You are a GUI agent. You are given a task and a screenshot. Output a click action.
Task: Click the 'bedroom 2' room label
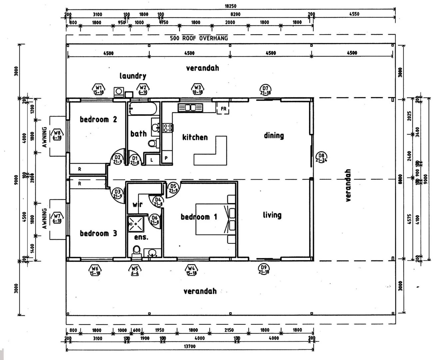pyautogui.click(x=98, y=119)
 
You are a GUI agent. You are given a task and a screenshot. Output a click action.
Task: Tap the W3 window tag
pyautogui.click(x=198, y=89)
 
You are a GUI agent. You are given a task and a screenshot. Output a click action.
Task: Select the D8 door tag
pyautogui.click(x=321, y=157)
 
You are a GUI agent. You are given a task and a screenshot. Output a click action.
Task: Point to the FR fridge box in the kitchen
pyautogui.click(x=223, y=109)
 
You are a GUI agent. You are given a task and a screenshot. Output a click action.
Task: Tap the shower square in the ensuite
pyautogui.click(x=136, y=224)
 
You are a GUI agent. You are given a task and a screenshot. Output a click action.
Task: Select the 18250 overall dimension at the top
pyautogui.click(x=230, y=6)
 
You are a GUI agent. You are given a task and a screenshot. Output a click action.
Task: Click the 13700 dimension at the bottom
pyautogui.click(x=190, y=346)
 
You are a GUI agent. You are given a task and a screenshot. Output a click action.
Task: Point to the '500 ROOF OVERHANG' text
pyautogui.click(x=199, y=38)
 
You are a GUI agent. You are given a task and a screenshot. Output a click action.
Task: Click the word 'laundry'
pyautogui.click(x=133, y=76)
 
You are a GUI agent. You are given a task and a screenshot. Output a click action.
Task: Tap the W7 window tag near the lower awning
pyautogui.click(x=57, y=218)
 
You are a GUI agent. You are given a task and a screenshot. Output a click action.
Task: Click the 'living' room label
pyautogui.click(x=272, y=215)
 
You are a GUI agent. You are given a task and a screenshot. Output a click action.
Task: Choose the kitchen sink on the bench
pyautogui.click(x=190, y=108)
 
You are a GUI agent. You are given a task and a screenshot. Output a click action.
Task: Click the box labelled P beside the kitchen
pyautogui.click(x=166, y=158)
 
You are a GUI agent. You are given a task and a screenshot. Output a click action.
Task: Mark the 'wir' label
pyautogui.click(x=137, y=204)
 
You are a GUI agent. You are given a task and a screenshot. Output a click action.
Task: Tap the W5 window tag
pyautogui.click(x=134, y=270)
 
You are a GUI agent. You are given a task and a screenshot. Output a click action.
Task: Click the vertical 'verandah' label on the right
pyautogui.click(x=348, y=185)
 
